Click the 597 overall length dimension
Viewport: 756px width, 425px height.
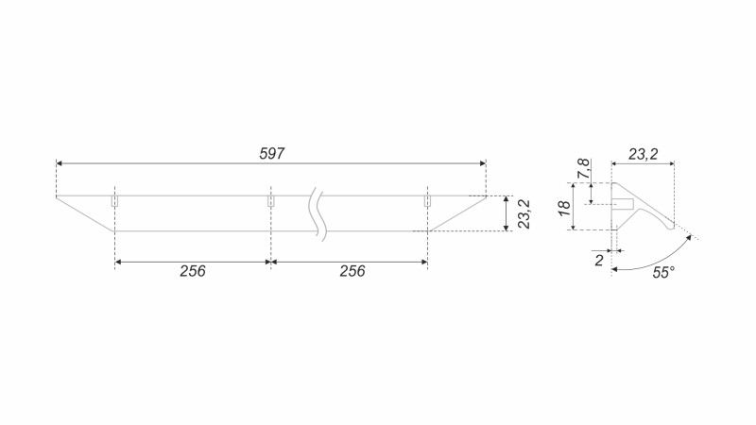pyautogui.click(x=272, y=154)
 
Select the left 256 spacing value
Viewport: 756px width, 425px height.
pyautogui.click(x=193, y=271)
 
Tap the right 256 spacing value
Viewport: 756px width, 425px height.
pyautogui.click(x=352, y=271)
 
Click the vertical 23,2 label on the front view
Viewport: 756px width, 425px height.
pyautogui.click(x=524, y=214)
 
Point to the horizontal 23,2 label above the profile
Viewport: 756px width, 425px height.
pyautogui.click(x=644, y=154)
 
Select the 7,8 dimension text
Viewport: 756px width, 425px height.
pyautogui.click(x=584, y=169)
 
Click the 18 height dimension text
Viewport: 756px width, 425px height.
pyautogui.click(x=564, y=208)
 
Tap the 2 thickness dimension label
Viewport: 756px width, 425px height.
pyautogui.click(x=599, y=261)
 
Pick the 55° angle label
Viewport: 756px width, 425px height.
pyautogui.click(x=663, y=273)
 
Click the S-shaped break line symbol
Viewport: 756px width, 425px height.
pyautogui.click(x=318, y=214)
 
